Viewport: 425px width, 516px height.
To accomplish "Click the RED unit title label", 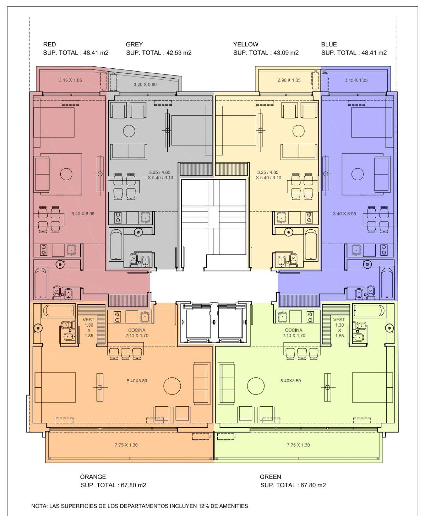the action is (49, 44).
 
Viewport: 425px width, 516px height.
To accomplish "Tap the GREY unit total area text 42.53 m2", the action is (179, 53).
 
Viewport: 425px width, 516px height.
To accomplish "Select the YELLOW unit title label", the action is (246, 44).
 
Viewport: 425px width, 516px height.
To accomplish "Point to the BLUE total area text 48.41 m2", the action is (374, 53).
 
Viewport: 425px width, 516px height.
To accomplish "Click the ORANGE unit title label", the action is (93, 477).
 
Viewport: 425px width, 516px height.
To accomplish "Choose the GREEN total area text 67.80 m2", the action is (313, 485).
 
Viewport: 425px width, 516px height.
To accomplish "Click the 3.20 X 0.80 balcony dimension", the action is (145, 84).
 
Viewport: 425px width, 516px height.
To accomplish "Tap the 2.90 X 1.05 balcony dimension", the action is (289, 80).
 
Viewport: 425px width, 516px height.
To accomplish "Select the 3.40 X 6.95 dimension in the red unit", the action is (83, 213).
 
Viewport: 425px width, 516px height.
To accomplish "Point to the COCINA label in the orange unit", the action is (137, 330).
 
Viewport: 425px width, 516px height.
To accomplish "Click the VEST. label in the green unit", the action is (340, 320).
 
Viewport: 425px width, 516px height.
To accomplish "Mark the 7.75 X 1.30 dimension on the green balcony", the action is (298, 445).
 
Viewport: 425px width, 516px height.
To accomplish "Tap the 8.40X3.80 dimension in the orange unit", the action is (137, 381).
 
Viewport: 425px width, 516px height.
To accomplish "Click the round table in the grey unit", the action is (129, 131).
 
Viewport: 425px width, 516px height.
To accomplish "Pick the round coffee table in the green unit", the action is (256, 386).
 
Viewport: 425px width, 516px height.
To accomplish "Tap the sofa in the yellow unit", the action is (299, 152).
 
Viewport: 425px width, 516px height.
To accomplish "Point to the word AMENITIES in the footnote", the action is (233, 506).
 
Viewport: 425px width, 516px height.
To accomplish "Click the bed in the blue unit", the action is (372, 123).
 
